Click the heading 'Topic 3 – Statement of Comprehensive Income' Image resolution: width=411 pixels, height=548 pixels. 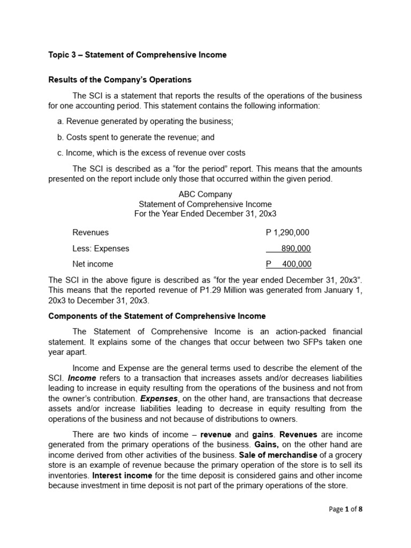(x=138, y=55)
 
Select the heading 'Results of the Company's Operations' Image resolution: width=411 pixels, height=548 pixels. (x=120, y=80)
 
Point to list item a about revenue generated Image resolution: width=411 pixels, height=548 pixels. (x=145, y=121)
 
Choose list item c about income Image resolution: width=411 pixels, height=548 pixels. (x=151, y=153)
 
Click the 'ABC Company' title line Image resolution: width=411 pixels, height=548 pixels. (x=205, y=194)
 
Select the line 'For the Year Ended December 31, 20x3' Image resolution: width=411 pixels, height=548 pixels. (x=205, y=214)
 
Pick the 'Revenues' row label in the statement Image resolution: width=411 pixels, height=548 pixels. (x=90, y=232)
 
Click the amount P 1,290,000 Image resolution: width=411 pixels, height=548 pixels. (x=287, y=232)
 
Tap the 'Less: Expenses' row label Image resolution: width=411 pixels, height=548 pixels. (x=101, y=248)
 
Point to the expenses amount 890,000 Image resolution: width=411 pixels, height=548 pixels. (x=295, y=248)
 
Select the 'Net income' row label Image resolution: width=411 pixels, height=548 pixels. (x=93, y=264)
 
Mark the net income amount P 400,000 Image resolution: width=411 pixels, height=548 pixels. (x=288, y=264)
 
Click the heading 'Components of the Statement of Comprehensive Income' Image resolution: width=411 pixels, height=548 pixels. (x=157, y=316)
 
